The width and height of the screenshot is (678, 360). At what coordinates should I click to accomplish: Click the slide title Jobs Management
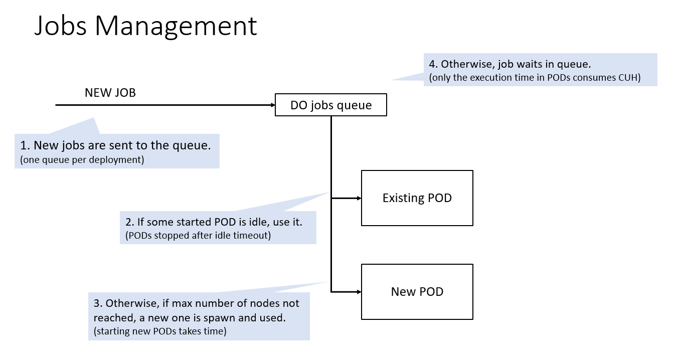pyautogui.click(x=145, y=26)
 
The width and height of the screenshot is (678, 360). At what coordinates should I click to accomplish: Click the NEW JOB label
pyautogui.click(x=110, y=93)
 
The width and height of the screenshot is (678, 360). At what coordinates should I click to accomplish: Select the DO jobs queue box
pyautogui.click(x=331, y=105)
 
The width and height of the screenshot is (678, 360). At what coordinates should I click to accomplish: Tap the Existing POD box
pyautogui.click(x=417, y=198)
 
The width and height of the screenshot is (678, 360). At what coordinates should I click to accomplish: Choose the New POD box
pyautogui.click(x=417, y=292)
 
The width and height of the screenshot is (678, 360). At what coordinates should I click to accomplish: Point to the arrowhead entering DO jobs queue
pyautogui.click(x=272, y=105)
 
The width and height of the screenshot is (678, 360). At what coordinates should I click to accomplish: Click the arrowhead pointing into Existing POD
pyautogui.click(x=359, y=198)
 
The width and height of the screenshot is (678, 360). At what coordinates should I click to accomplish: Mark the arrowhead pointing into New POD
pyautogui.click(x=359, y=292)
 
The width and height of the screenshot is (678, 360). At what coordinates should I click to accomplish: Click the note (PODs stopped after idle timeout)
pyautogui.click(x=198, y=235)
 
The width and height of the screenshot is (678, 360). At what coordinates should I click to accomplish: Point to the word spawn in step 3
pyautogui.click(x=232, y=318)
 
